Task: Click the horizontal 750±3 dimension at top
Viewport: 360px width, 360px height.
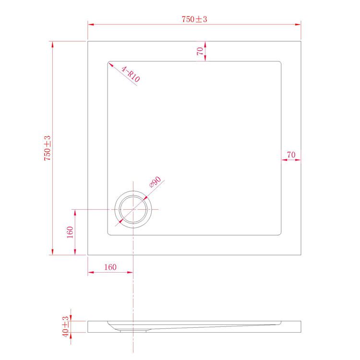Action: coord(194,19)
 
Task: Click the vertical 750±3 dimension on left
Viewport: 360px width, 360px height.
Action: coord(48,148)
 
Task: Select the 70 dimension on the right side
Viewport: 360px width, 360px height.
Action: coord(291,155)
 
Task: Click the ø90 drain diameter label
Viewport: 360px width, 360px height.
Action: coord(154,183)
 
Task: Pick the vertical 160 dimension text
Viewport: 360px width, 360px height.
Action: coord(70,232)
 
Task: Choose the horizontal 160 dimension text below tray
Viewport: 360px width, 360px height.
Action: coord(110,267)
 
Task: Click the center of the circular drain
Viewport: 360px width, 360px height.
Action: coord(133,210)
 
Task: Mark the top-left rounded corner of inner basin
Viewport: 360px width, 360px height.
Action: coord(109,63)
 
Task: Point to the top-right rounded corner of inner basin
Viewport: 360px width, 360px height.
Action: coord(279,63)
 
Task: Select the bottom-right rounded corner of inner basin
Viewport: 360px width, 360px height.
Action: coord(279,234)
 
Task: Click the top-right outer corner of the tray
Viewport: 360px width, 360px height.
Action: coord(300,41)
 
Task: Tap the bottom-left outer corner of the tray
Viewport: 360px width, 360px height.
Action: coord(87,255)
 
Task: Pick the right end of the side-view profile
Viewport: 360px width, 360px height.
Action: coord(300,326)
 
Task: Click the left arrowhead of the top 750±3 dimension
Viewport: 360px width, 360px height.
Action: coord(90,24)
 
